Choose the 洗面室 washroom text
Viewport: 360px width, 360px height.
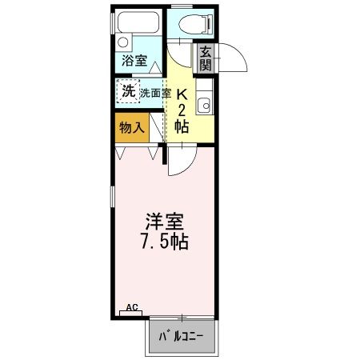coord(156,93)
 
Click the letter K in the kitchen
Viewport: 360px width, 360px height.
coord(182,92)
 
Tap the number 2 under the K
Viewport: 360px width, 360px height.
coord(182,109)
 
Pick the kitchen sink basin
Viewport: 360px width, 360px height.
coord(205,102)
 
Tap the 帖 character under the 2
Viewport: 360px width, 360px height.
coord(182,126)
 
